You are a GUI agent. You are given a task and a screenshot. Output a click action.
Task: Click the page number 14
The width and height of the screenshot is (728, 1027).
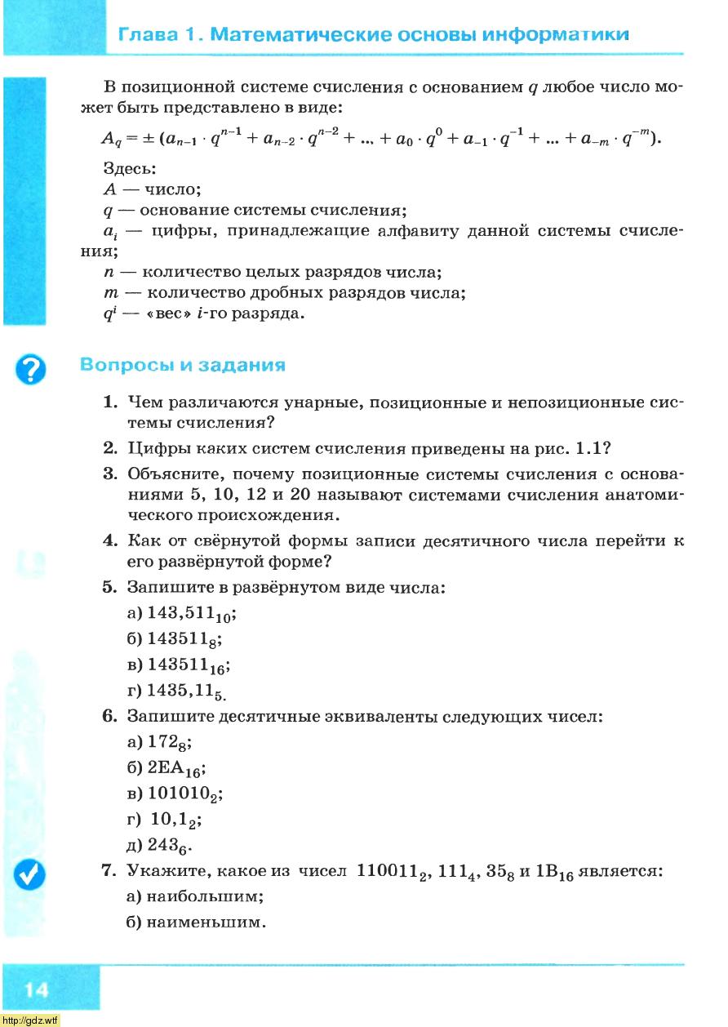(36, 990)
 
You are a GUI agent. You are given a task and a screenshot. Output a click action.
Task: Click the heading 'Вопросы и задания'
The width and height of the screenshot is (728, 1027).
(183, 365)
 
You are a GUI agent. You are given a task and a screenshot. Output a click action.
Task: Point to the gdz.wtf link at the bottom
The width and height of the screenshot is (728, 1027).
(30, 1020)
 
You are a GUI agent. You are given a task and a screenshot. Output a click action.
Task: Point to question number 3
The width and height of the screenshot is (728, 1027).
(109, 474)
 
